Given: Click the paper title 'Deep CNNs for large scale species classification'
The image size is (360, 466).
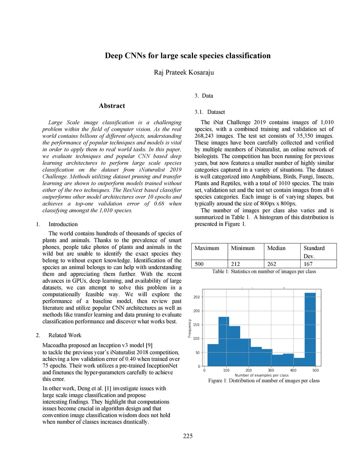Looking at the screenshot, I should [x=188, y=56].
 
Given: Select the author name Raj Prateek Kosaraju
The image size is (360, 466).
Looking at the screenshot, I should [x=184, y=72].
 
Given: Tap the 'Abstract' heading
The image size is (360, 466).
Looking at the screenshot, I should [x=112, y=106].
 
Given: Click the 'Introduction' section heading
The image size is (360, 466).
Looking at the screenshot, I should [x=63, y=224].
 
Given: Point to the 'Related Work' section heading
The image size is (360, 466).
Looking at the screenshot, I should [x=65, y=335].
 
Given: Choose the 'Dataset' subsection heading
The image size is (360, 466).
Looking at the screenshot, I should [x=216, y=112].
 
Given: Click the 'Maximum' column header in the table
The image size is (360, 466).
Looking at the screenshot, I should [x=207, y=248].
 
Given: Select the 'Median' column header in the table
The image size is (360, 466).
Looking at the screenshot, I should [x=276, y=248].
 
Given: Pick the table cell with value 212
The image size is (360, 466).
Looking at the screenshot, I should [x=236, y=264].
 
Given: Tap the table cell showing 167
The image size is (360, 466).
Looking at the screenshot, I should [x=308, y=264].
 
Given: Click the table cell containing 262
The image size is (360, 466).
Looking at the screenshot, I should [x=272, y=264].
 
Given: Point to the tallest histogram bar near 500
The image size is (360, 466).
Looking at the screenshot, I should [x=310, y=329].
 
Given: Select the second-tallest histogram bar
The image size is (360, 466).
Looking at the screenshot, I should [x=224, y=341].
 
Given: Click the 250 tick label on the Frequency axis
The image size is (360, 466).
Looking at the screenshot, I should [x=196, y=297].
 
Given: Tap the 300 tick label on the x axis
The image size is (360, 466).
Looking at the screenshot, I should [x=271, y=370].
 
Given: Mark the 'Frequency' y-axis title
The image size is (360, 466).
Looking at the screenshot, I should [x=190, y=328].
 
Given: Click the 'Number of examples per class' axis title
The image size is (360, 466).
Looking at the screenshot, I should [x=262, y=375].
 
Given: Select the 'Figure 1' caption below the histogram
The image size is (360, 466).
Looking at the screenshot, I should [x=264, y=381].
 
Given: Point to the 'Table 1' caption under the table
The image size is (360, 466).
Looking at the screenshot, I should [x=264, y=272].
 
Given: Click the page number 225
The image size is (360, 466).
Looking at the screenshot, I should [x=188, y=436].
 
